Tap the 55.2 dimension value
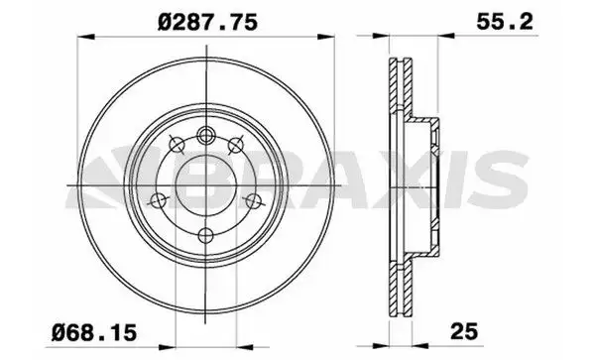[471, 18]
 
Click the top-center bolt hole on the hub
[206, 137]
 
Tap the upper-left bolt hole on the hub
[175, 144]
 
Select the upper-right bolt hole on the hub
[237, 145]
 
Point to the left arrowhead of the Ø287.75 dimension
[79, 39]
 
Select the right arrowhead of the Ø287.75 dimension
[330, 39]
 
